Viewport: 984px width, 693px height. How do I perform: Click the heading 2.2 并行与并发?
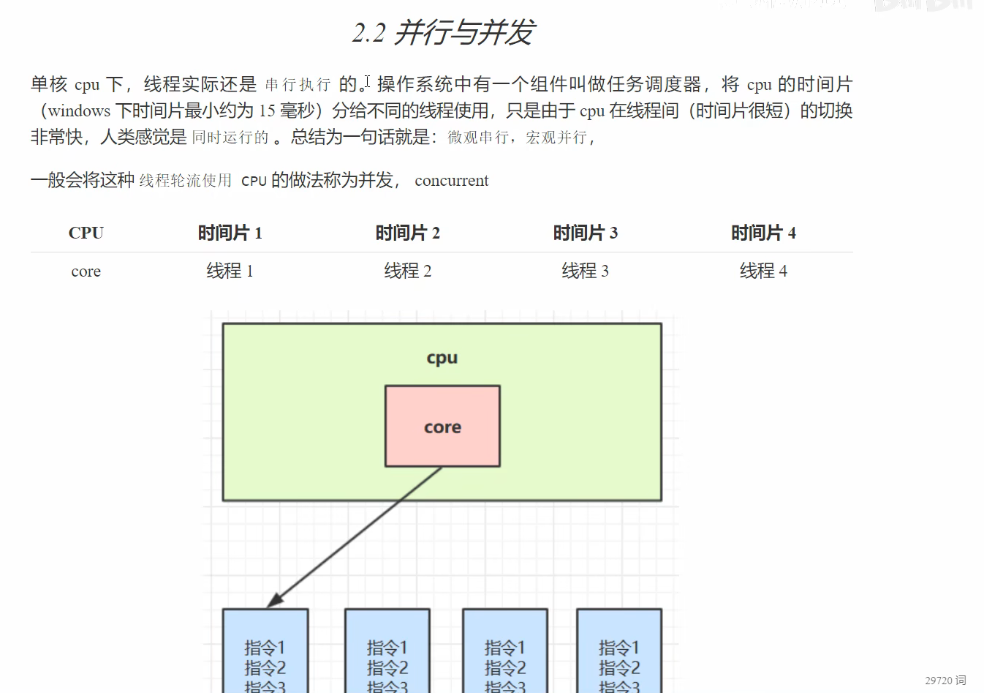443,33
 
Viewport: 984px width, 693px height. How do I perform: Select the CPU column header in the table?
86,233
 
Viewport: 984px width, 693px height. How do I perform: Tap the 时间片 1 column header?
230,233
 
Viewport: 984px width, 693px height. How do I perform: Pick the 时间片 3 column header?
585,233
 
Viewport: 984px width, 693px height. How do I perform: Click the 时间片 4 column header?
763,233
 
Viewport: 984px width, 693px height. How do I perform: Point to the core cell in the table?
86,271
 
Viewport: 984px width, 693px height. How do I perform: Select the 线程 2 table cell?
407,271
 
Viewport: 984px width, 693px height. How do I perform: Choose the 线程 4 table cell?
763,271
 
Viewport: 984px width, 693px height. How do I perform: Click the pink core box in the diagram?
442,427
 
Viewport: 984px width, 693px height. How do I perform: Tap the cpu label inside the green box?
442,358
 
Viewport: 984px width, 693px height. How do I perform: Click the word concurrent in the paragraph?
451,181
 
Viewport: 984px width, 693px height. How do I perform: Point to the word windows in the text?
79,111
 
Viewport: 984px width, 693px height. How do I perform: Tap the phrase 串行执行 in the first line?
298,85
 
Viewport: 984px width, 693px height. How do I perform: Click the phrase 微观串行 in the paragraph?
478,138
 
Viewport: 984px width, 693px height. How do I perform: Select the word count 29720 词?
945,681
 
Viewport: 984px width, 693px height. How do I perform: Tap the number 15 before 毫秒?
267,111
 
